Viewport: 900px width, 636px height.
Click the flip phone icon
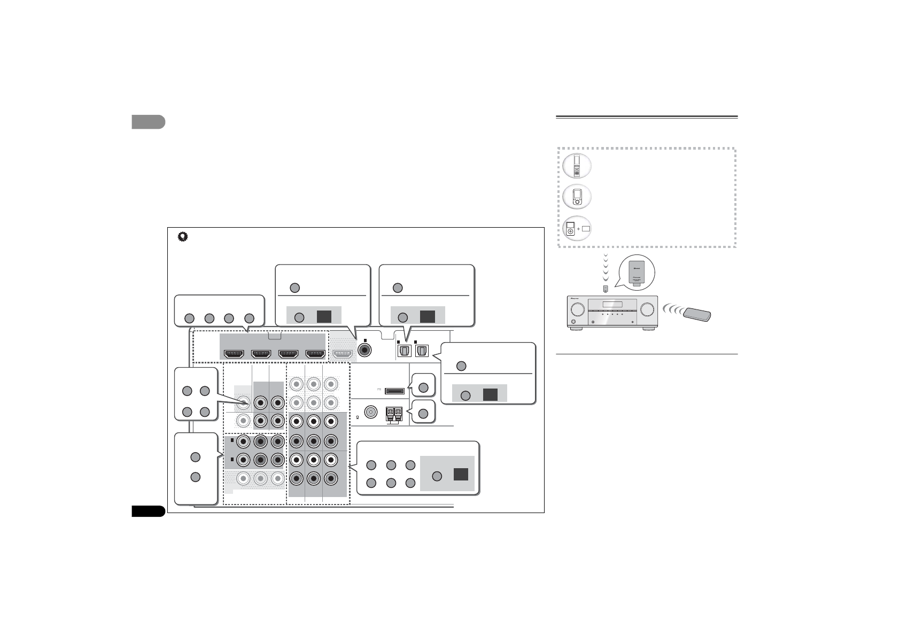click(x=577, y=166)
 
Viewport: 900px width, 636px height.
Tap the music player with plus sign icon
click(x=577, y=228)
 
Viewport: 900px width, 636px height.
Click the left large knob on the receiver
click(x=577, y=309)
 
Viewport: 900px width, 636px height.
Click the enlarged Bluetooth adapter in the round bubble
click(x=635, y=273)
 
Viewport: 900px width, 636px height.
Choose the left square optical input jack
click(x=404, y=351)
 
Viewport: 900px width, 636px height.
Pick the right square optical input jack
click(x=422, y=351)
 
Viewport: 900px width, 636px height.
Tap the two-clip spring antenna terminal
click(x=394, y=413)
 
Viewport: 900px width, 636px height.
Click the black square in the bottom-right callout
click(x=461, y=475)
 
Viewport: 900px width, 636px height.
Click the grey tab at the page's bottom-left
click(x=148, y=511)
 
